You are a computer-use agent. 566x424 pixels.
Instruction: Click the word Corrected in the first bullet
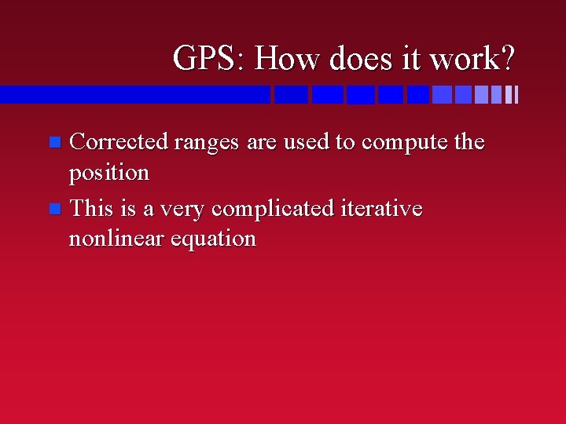[119, 142]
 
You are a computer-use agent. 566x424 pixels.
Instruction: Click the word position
[108, 173]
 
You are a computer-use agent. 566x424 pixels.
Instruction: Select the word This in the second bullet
[92, 209]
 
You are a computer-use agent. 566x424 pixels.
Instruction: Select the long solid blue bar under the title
[134, 95]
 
